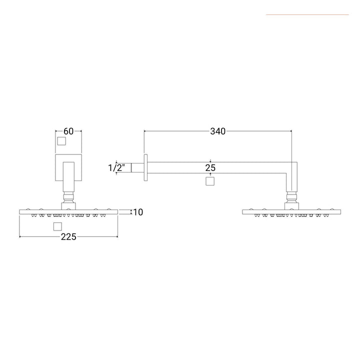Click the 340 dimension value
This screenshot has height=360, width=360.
tap(217, 131)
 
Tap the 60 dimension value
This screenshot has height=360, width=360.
tap(68, 131)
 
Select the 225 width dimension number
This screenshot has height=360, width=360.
tap(68, 236)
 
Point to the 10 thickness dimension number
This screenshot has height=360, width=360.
tap(138, 212)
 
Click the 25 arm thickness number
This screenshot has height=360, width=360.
tap(210, 168)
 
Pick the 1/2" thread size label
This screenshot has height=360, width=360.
tap(116, 168)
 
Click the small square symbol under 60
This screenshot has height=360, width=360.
tap(61, 141)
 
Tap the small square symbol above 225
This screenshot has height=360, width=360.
tap(57, 226)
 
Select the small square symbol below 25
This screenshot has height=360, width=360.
tap(210, 181)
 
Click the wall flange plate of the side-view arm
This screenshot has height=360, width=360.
tap(145, 167)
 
